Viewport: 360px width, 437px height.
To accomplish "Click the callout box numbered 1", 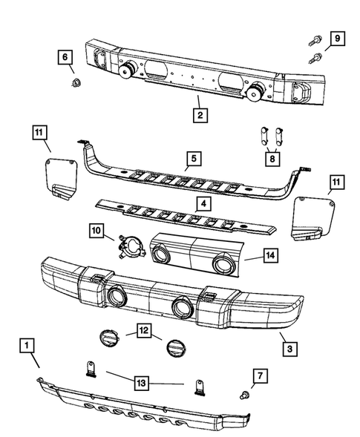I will point(27,346).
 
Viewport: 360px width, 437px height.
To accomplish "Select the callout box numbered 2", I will point(199,115).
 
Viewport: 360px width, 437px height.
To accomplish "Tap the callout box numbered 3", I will point(287,346).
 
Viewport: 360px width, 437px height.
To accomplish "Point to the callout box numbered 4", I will point(201,203).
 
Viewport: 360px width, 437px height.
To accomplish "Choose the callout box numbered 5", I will point(192,159).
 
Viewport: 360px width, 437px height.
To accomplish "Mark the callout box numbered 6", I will point(65,57).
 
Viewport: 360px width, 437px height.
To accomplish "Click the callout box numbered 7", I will point(258,376).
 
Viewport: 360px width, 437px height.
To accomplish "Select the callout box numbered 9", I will point(336,38).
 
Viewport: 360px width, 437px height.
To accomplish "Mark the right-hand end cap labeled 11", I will point(311,221).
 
